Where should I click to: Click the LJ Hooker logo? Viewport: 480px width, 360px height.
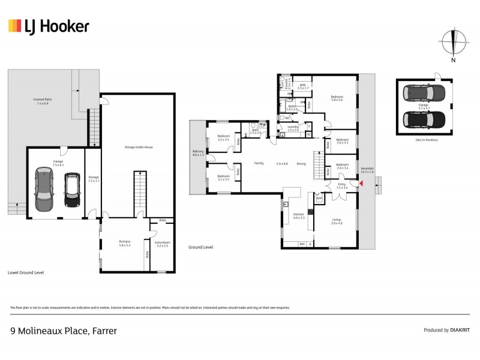coord(49,26)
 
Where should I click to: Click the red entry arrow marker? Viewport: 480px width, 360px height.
coord(361,175)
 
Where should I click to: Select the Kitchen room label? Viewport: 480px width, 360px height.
coord(298,215)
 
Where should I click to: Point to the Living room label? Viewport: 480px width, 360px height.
coord(337,221)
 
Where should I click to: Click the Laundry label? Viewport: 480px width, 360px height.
coord(293,128)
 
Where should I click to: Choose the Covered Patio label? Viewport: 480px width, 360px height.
coord(43,102)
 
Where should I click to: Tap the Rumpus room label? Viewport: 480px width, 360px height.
coord(124,243)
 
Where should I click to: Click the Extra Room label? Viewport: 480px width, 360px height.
coord(163,243)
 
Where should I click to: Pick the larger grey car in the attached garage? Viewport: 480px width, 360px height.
coord(44,189)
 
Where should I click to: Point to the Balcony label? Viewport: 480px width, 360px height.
coord(198,153)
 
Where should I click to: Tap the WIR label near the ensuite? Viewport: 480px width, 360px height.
coord(303,86)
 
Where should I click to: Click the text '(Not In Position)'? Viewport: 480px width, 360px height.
coord(424,140)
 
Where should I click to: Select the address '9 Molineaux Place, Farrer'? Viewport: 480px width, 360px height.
coord(64,331)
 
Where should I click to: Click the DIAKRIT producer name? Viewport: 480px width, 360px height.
coord(460,331)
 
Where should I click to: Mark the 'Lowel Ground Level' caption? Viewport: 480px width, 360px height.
coord(26,272)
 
